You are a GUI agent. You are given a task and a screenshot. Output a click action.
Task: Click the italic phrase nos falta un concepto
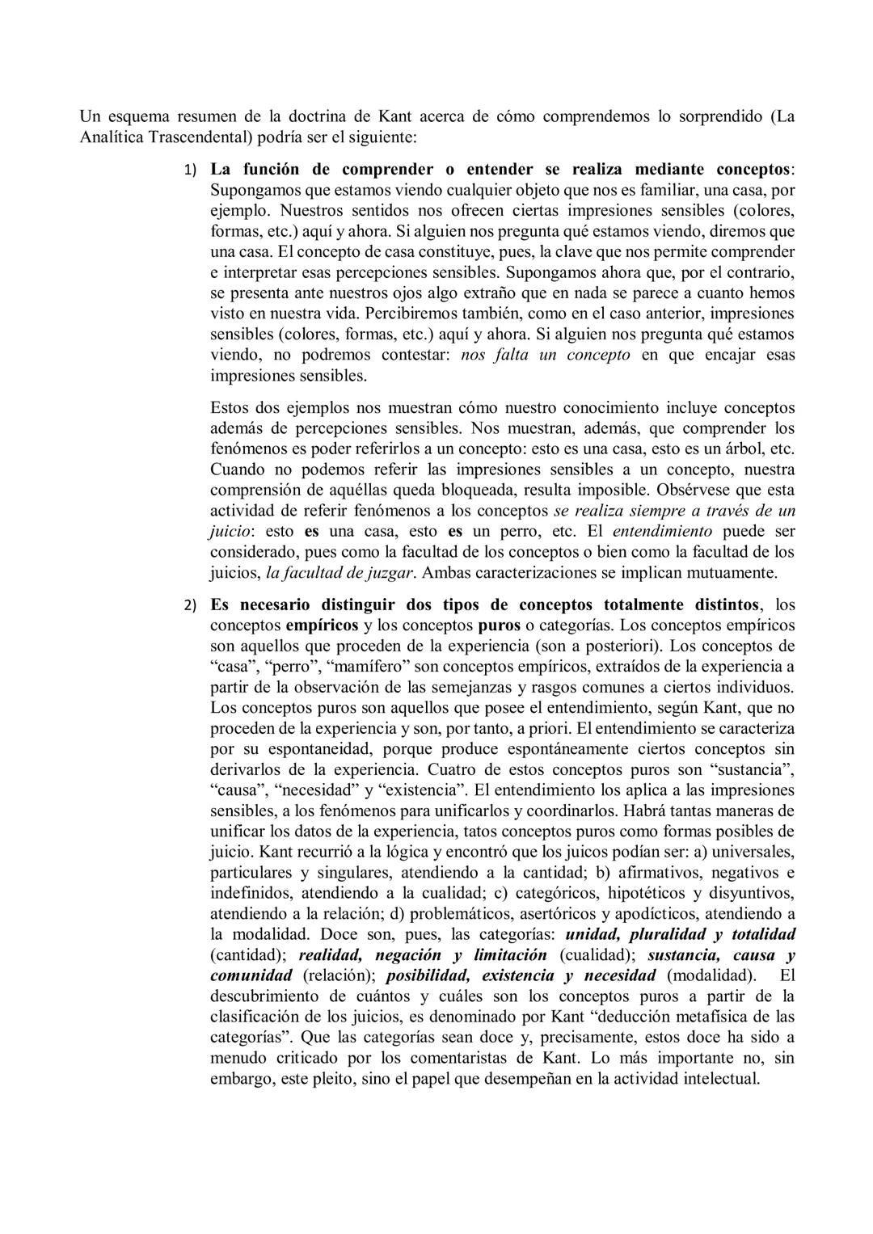coord(545,356)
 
